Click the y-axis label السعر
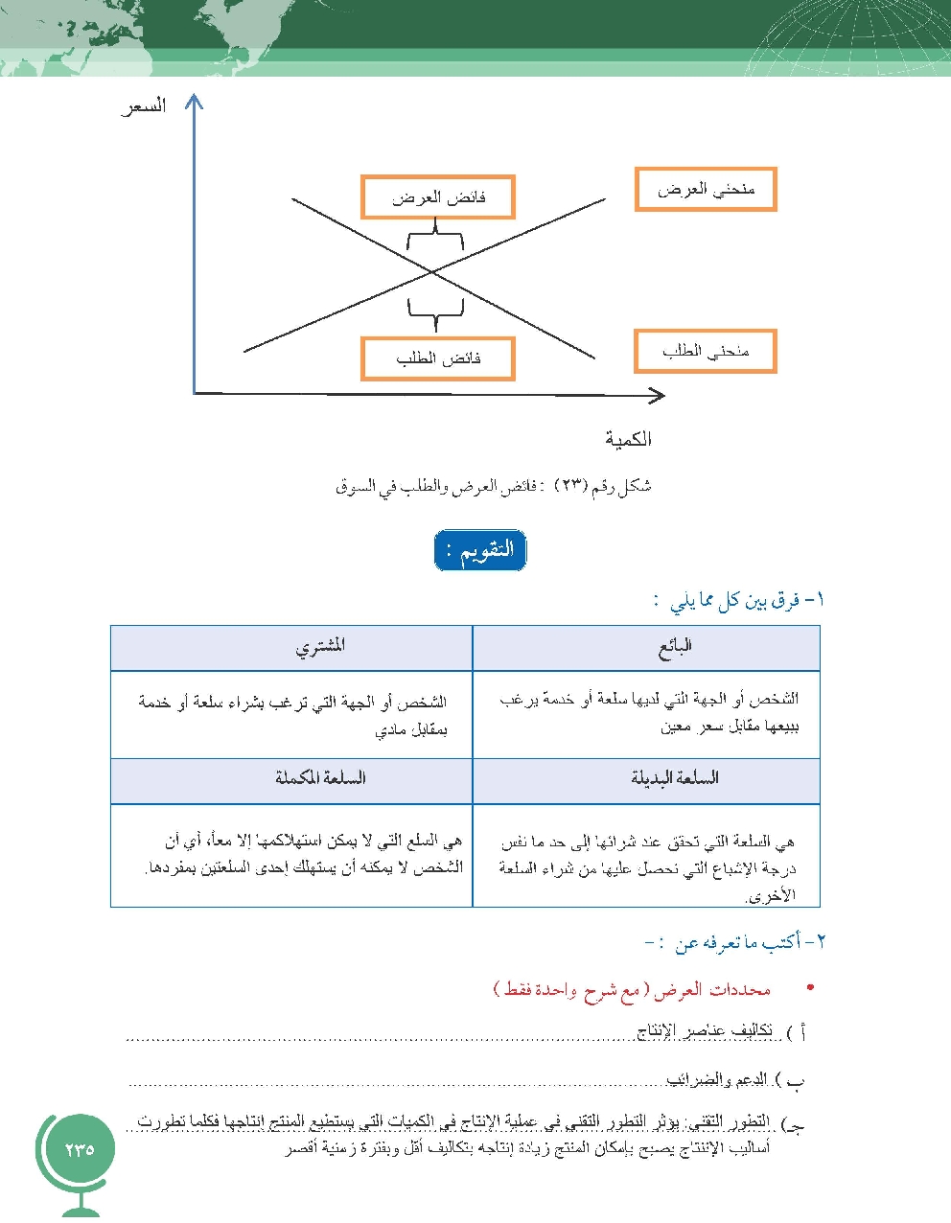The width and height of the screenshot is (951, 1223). (x=144, y=105)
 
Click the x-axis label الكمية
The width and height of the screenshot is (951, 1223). (x=628, y=439)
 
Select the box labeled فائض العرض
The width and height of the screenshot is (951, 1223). (x=438, y=197)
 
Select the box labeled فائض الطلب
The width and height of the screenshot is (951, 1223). (x=438, y=358)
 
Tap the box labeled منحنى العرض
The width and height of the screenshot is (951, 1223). (x=706, y=190)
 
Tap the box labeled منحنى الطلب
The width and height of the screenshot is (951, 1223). (x=706, y=352)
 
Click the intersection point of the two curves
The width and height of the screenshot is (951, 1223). (x=433, y=273)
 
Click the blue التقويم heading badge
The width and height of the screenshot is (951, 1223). (x=480, y=551)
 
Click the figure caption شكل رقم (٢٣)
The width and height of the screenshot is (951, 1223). (x=493, y=487)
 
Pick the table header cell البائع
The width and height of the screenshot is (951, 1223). (x=675, y=648)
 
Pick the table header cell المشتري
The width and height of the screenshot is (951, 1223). (x=320, y=648)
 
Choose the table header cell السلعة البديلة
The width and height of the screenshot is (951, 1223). (x=675, y=778)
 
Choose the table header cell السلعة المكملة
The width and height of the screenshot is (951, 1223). (x=320, y=778)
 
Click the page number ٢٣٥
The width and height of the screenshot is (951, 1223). (x=80, y=1149)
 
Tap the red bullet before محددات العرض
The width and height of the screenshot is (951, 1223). (x=811, y=988)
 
